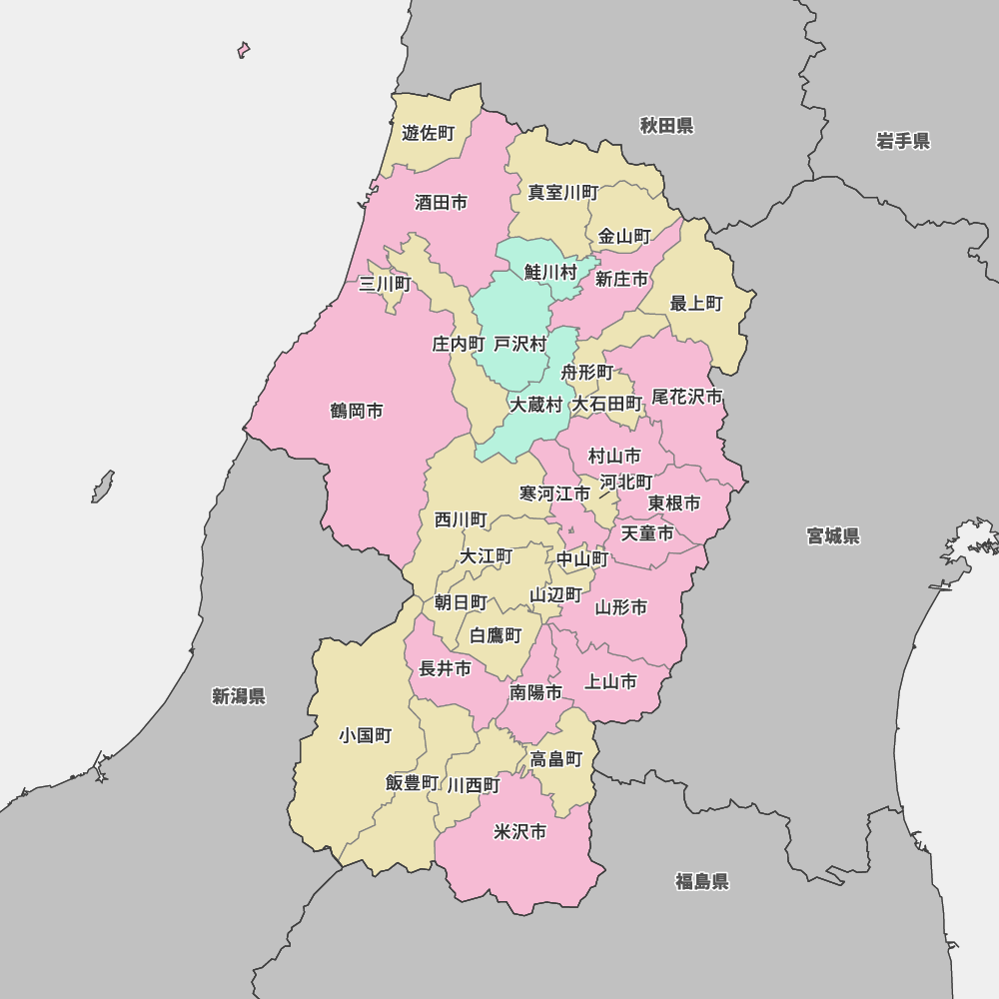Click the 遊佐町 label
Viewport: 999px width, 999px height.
coord(428,133)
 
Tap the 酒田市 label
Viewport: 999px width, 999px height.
coord(441,203)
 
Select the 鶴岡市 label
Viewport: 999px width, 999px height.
coord(357,412)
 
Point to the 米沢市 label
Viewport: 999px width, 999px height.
coord(520,832)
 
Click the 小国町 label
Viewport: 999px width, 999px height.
coord(365,736)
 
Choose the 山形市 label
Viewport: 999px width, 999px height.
coord(621,607)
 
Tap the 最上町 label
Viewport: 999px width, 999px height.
coord(696,304)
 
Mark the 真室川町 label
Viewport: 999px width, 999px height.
coord(563,193)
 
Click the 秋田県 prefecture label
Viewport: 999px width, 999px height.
coord(666,126)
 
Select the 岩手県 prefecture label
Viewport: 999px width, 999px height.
coord(903,141)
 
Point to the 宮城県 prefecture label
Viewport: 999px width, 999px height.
coord(833,536)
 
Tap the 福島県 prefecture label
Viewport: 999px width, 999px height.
coord(701,881)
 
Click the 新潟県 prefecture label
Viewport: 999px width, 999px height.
coord(239,696)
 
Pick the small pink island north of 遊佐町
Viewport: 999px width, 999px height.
coord(243,49)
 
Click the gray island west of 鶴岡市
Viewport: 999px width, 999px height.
coord(103,487)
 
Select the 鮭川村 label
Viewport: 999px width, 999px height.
coord(550,272)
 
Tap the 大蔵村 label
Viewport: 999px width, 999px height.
coord(536,405)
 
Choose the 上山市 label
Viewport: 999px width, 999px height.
coord(610,682)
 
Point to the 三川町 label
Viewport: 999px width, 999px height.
coord(385,285)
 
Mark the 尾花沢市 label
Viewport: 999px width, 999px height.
coord(687,398)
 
